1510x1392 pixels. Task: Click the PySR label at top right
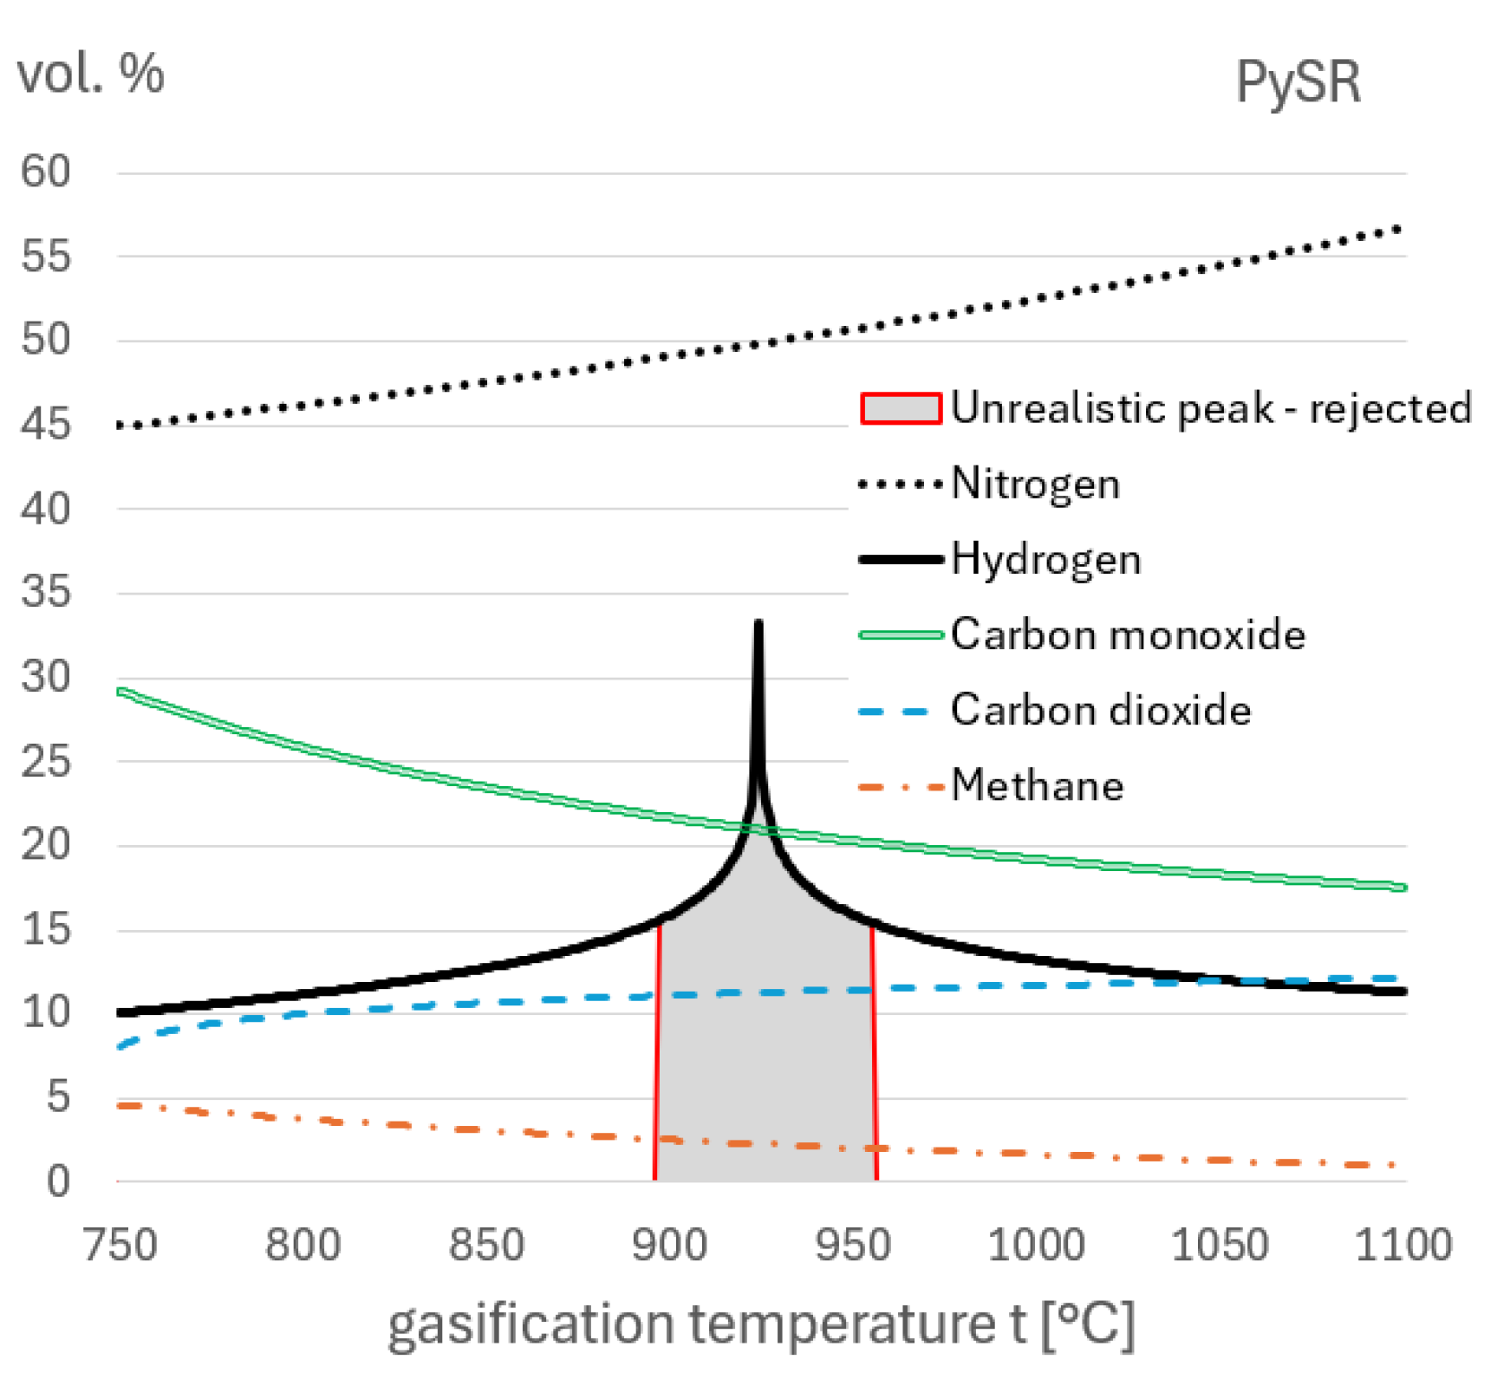(x=1297, y=83)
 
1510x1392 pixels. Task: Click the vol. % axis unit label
(x=90, y=73)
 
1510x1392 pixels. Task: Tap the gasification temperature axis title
(x=760, y=1325)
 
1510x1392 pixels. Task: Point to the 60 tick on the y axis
(x=46, y=172)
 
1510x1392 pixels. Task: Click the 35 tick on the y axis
(x=46, y=593)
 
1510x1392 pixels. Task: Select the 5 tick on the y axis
(x=57, y=1097)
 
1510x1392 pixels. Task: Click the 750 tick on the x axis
(x=120, y=1246)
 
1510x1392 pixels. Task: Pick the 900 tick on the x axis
(x=669, y=1246)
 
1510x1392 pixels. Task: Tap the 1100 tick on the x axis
(x=1403, y=1246)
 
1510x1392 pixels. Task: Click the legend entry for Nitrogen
(x=1035, y=484)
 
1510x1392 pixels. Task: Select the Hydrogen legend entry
(x=1045, y=559)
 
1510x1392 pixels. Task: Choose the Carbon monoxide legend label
(x=1127, y=634)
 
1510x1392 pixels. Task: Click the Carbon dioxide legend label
(x=1100, y=710)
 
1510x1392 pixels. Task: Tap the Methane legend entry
(x=1037, y=785)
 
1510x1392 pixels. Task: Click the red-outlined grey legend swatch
(x=901, y=408)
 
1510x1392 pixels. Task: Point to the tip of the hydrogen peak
(x=758, y=623)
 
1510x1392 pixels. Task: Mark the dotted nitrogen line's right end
(x=1397, y=230)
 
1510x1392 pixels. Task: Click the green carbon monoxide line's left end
(x=121, y=692)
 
